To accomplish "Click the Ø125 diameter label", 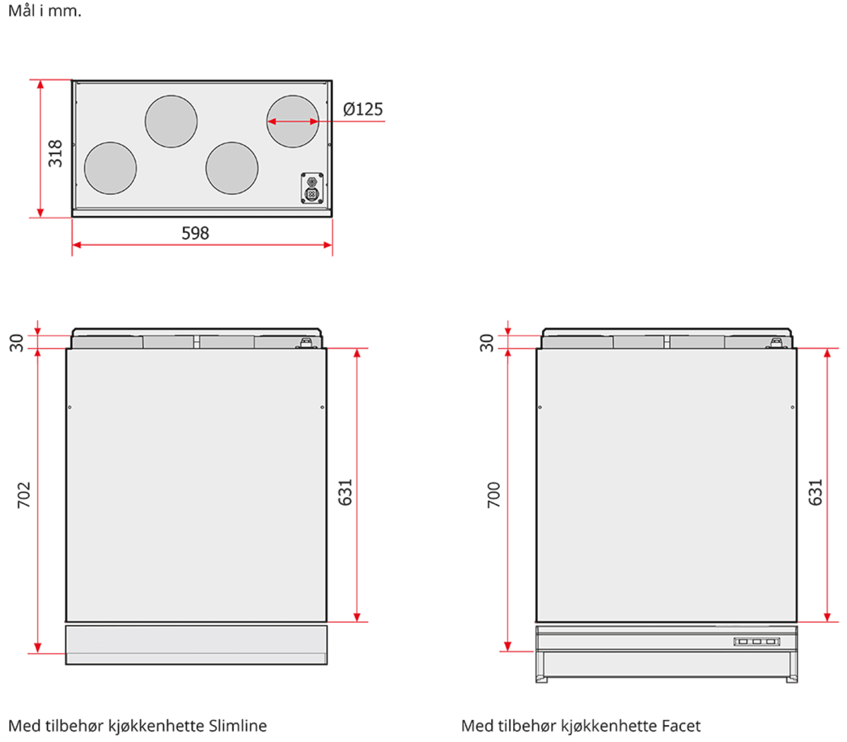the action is [363, 109].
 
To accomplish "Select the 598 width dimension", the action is [195, 233].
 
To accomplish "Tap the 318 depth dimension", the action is [55, 153].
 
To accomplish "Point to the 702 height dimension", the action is [23, 495].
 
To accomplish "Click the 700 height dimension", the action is [493, 495].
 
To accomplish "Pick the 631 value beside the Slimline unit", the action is [345, 492].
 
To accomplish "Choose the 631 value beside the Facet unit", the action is [815, 492].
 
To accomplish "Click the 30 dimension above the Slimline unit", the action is [16, 343].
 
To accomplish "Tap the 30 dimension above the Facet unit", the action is [486, 343].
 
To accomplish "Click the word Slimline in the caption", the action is [238, 726].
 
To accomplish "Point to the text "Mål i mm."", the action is [44, 11].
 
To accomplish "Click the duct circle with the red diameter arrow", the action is [293, 121].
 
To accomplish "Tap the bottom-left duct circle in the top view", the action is [111, 168].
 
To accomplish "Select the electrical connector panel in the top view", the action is [312, 189].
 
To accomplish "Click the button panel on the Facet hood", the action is [757, 642].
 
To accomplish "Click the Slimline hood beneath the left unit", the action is [196, 645].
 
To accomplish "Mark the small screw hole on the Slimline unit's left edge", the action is [70, 407].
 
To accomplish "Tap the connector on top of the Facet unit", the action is [775, 343].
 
